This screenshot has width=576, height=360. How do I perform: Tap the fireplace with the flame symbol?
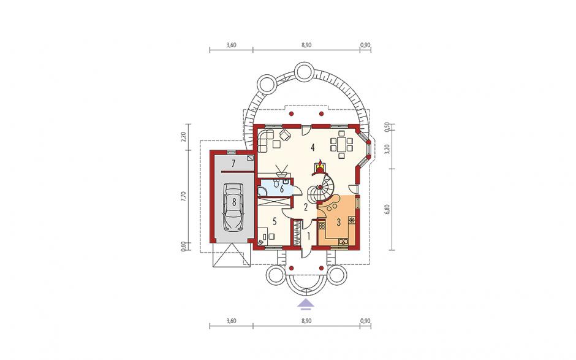319,167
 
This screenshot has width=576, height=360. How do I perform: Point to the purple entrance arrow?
305,304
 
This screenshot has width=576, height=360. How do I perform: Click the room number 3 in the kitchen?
339,222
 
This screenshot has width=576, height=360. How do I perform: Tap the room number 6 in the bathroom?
281,189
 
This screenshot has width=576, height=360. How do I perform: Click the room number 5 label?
274,221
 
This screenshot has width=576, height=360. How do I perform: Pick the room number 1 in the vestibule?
309,236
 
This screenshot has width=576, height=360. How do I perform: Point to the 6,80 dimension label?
387,209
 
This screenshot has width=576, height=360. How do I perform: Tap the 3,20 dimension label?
387,149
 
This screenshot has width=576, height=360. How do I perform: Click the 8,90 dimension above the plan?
306,45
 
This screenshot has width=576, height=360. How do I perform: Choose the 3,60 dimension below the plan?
232,321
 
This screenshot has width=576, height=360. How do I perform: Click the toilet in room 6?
285,182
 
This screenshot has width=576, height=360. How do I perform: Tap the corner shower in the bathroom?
262,191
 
